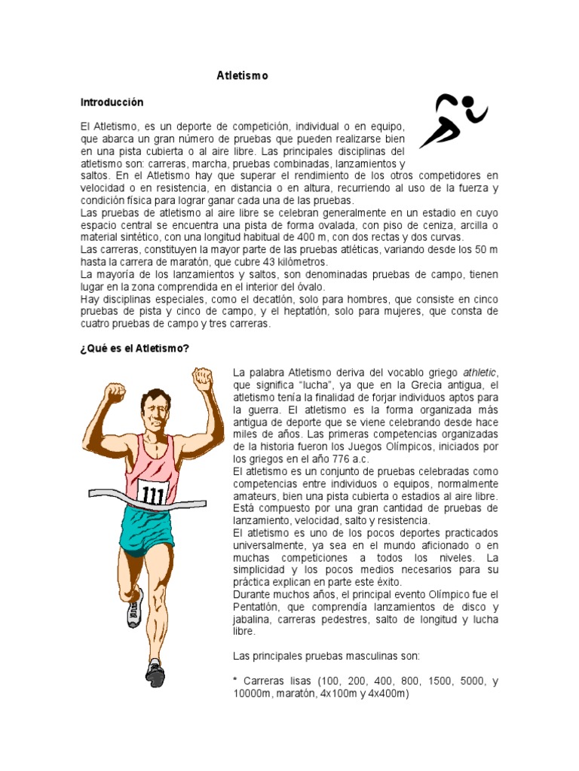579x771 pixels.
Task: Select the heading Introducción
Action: click(112, 102)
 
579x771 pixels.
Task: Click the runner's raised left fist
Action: click(203, 379)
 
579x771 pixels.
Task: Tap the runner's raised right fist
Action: click(114, 392)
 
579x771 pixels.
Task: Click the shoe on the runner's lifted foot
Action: click(135, 607)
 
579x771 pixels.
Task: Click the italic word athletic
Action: click(481, 373)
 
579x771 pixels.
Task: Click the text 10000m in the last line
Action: click(255, 693)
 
